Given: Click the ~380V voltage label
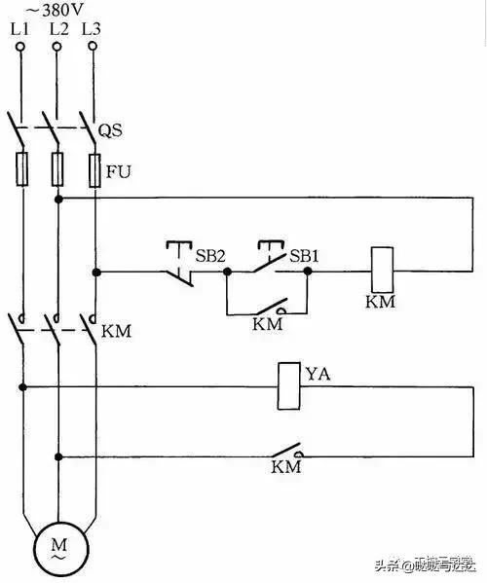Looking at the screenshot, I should pos(57,12).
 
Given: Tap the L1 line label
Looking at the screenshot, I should pos(20,30).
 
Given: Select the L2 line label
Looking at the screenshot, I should pos(56,30).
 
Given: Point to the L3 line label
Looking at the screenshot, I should pos(92,30).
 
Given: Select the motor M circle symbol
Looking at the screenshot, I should pos(56,549).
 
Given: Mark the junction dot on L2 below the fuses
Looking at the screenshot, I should pos(58,199).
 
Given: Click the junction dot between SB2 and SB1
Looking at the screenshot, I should pos(226,273).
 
